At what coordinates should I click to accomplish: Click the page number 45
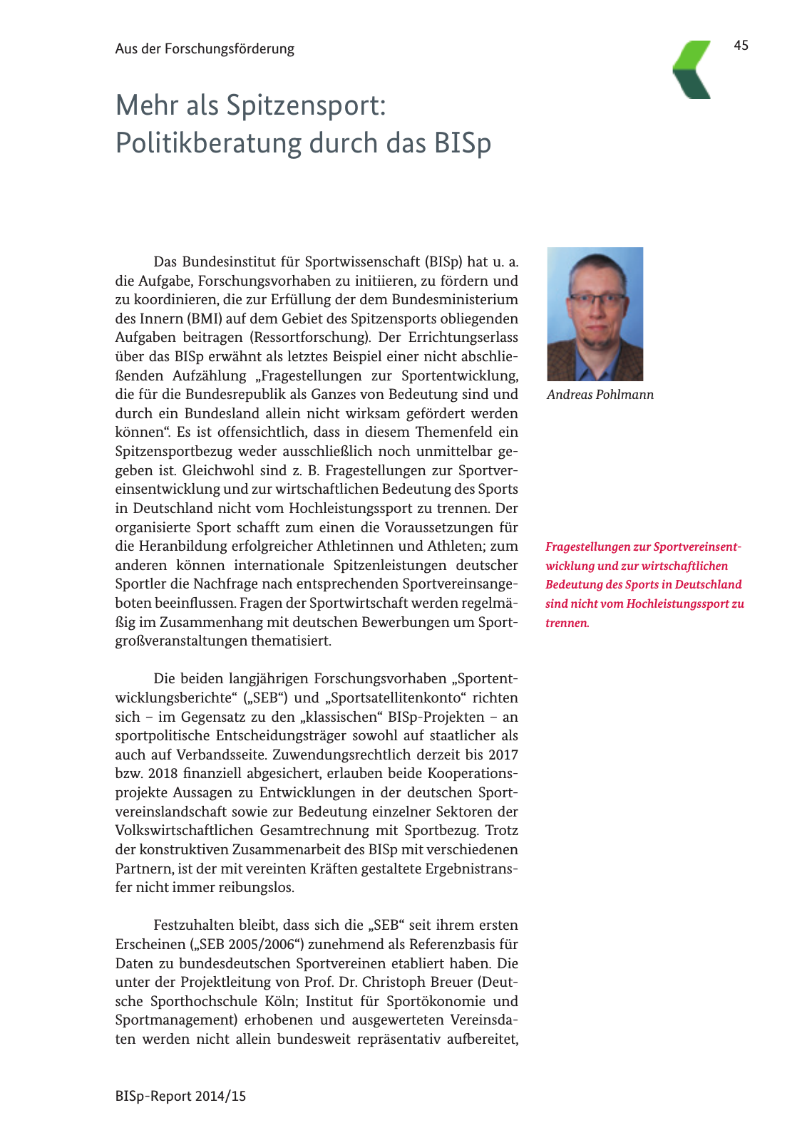741,46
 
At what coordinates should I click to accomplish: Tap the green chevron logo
692,69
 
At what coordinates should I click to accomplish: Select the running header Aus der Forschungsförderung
205,49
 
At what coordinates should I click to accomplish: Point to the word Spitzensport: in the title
307,105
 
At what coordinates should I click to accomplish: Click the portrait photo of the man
595,313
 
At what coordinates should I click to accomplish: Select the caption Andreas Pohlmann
600,395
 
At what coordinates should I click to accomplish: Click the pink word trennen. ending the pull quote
567,623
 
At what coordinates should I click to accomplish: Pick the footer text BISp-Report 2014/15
180,1097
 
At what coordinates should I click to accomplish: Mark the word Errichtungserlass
463,338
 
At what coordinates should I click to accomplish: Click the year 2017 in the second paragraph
503,755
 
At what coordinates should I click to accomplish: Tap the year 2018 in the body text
163,774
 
